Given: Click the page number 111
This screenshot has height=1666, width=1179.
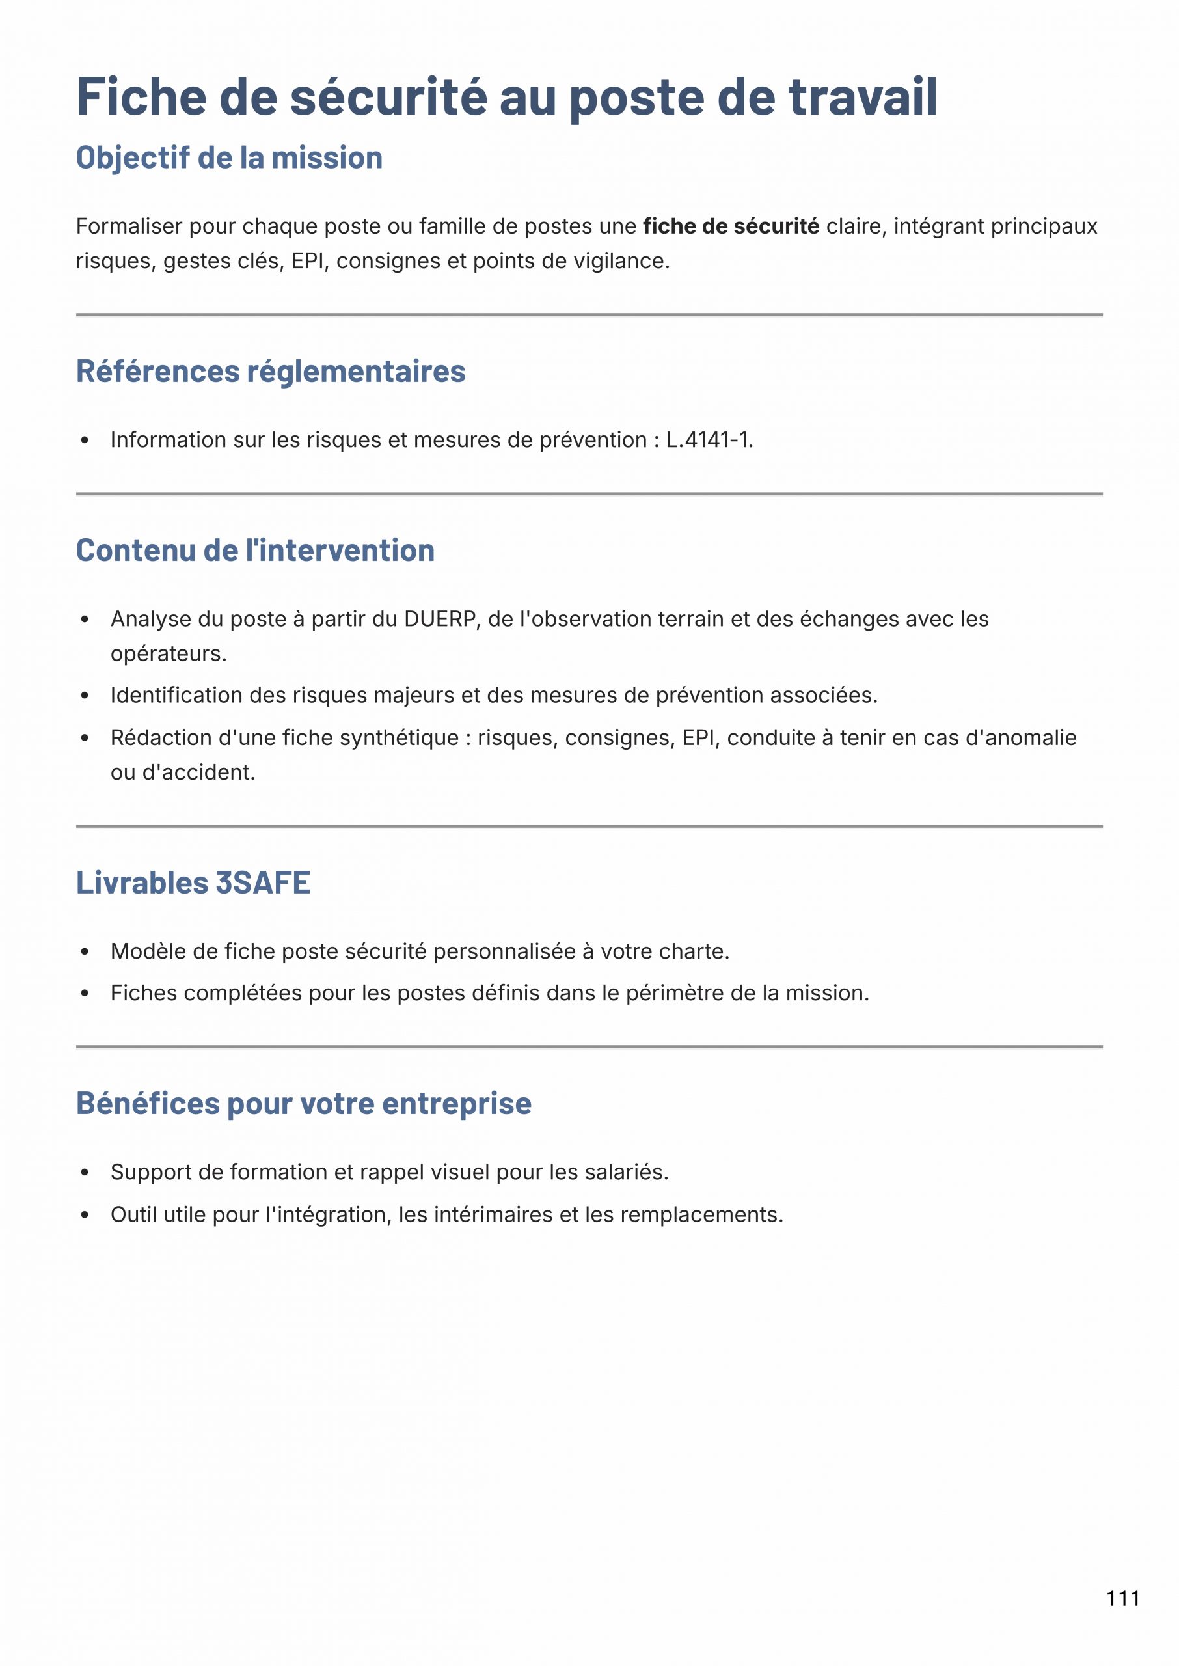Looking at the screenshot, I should (x=1122, y=1598).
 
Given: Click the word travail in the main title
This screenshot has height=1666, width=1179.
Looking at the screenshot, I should (x=863, y=96).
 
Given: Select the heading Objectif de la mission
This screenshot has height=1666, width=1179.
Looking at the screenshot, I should (x=230, y=157).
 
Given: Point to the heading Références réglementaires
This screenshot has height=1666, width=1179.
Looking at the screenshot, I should (x=271, y=371).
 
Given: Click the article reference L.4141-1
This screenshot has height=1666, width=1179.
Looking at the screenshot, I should (x=709, y=440).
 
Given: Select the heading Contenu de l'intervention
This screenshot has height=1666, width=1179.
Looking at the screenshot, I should (x=256, y=551).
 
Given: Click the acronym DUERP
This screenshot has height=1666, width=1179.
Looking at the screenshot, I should (x=439, y=619).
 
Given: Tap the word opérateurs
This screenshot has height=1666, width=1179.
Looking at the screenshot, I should (x=168, y=654).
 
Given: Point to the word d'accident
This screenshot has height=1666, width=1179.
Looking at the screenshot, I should (x=198, y=772).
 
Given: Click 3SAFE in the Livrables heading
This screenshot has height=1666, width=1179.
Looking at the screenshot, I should (x=263, y=882).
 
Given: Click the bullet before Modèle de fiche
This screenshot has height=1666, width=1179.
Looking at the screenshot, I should (x=85, y=951).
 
